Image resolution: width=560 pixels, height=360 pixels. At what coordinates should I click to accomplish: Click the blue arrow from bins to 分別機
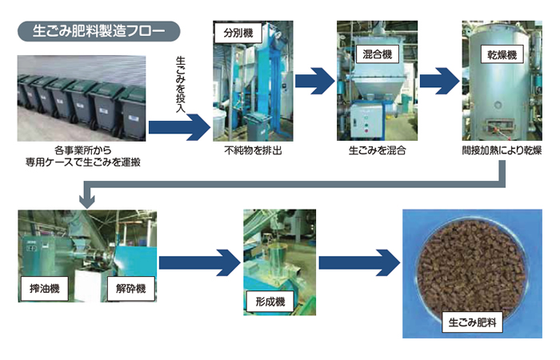[x=178, y=124]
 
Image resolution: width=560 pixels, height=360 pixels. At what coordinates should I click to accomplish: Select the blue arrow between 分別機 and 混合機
[x=314, y=80]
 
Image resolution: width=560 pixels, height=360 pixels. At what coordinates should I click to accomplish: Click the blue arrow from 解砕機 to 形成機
[x=201, y=262]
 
